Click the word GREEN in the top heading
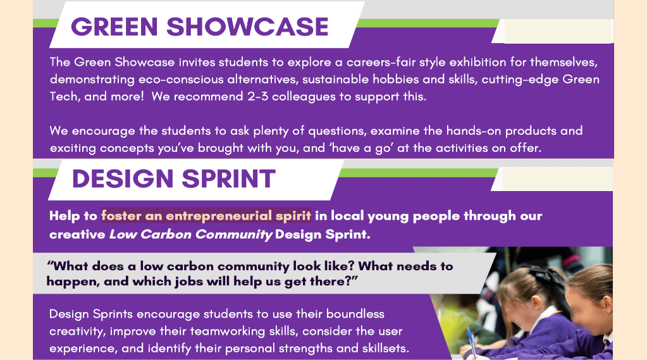click(114, 27)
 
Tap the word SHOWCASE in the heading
click(247, 27)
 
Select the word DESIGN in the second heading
click(123, 179)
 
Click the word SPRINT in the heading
click(228, 179)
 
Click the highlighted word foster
click(121, 216)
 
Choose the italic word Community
click(233, 235)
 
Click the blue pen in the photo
click(471, 342)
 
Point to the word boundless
click(355, 314)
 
